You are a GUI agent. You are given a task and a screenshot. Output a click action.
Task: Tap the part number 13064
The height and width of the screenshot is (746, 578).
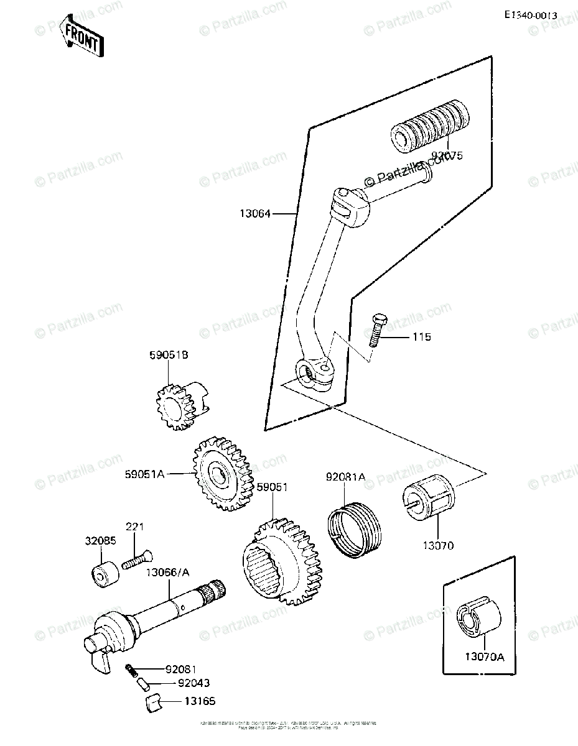click(256, 214)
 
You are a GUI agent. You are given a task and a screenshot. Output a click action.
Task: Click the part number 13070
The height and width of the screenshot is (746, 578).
click(439, 546)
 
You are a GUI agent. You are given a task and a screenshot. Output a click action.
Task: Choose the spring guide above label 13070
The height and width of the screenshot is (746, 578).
click(429, 500)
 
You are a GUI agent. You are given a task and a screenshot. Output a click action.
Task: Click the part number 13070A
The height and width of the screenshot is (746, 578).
click(484, 656)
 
